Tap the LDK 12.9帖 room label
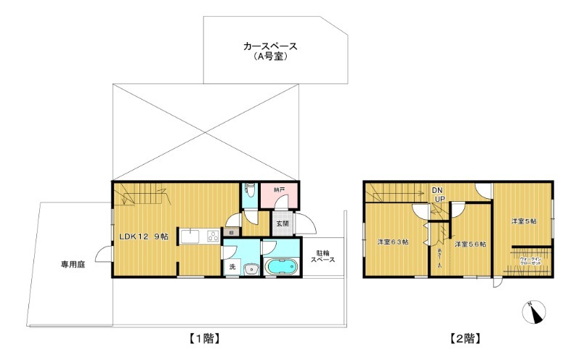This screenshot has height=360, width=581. click(144, 237)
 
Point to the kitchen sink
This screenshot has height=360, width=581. click(191, 237)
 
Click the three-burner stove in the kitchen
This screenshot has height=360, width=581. click(213, 235)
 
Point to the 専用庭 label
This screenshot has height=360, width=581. click(73, 265)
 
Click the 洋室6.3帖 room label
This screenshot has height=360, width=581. click(391, 242)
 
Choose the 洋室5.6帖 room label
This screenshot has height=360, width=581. click(470, 245)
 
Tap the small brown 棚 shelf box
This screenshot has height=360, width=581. click(230, 232)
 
